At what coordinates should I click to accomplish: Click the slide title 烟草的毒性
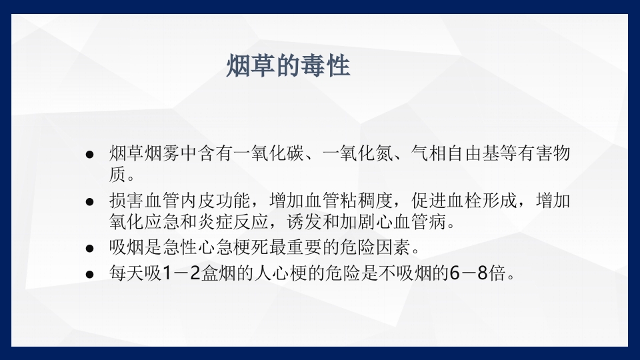[288, 67]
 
